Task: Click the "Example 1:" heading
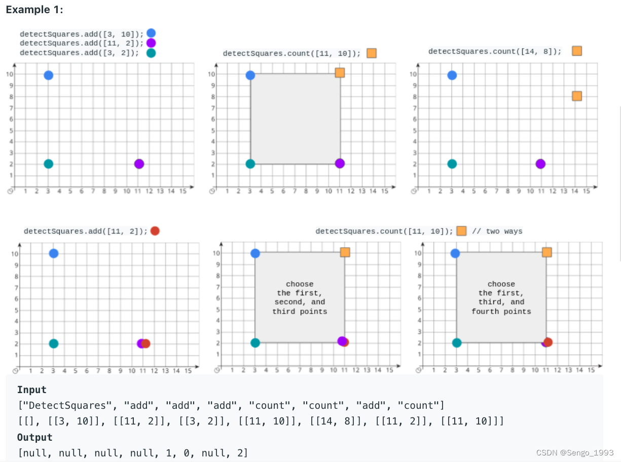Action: (34, 10)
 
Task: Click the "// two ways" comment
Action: (497, 232)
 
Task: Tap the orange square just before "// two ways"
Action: (461, 231)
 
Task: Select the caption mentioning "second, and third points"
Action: (300, 297)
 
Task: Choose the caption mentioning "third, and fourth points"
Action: (501, 297)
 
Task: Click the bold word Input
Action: (31, 390)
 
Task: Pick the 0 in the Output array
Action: (186, 453)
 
